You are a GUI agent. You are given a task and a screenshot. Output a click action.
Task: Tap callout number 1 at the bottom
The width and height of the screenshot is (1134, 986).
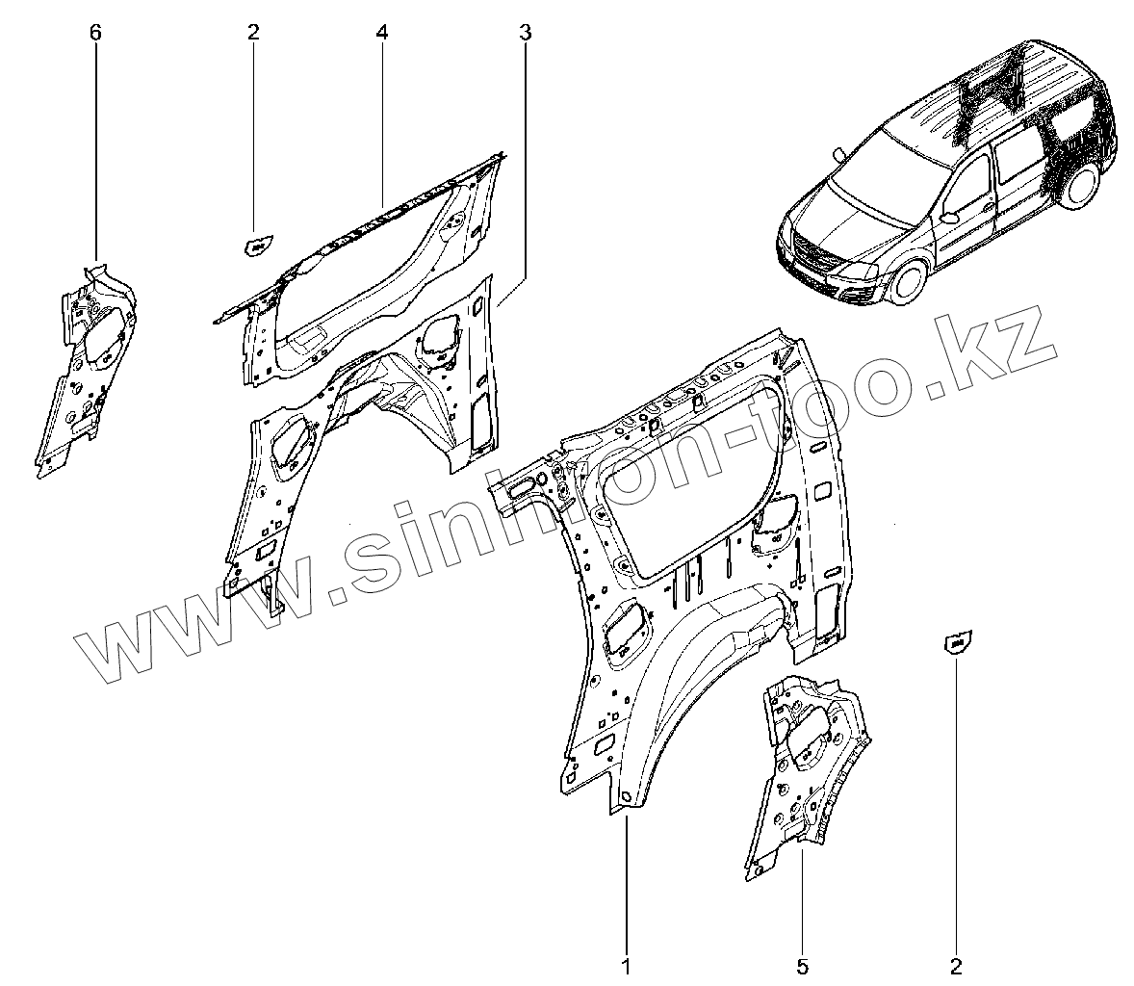[626, 964]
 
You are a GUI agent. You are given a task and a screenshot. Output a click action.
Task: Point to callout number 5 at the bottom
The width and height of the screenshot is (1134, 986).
[802, 964]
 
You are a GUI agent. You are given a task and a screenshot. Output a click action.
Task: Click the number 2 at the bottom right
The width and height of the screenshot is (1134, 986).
[956, 964]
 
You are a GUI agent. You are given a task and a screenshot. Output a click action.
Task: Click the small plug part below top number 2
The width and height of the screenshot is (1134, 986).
[254, 246]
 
